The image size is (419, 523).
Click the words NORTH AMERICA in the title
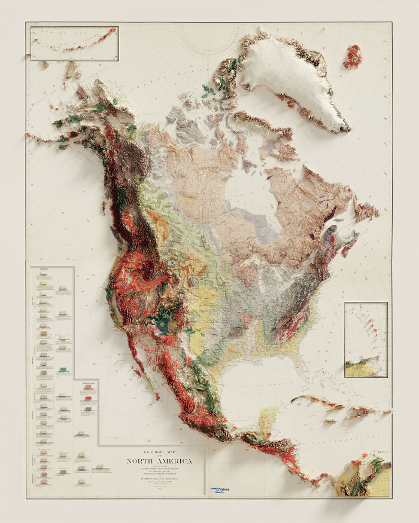159,461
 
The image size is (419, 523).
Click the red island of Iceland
353,56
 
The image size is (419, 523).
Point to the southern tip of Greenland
344,128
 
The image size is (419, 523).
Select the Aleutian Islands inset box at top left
74,42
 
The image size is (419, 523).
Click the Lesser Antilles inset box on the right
366,340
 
